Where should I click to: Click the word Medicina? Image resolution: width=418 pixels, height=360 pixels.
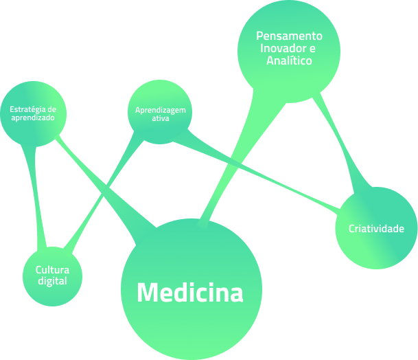190,293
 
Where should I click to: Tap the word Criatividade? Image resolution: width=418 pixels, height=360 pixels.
376,229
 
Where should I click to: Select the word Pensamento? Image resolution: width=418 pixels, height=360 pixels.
289,35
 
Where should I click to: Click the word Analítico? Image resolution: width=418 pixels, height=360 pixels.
289,61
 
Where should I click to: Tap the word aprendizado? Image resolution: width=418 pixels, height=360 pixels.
33,117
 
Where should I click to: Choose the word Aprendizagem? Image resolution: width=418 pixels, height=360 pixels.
160,110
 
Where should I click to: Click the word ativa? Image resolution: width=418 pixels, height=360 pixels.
160,118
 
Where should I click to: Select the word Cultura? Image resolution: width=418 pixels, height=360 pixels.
53,270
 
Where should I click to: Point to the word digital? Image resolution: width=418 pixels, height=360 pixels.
53,280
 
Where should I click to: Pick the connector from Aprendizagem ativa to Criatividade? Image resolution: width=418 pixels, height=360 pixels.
261,176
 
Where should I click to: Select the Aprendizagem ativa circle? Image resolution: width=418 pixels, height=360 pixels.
159,131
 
